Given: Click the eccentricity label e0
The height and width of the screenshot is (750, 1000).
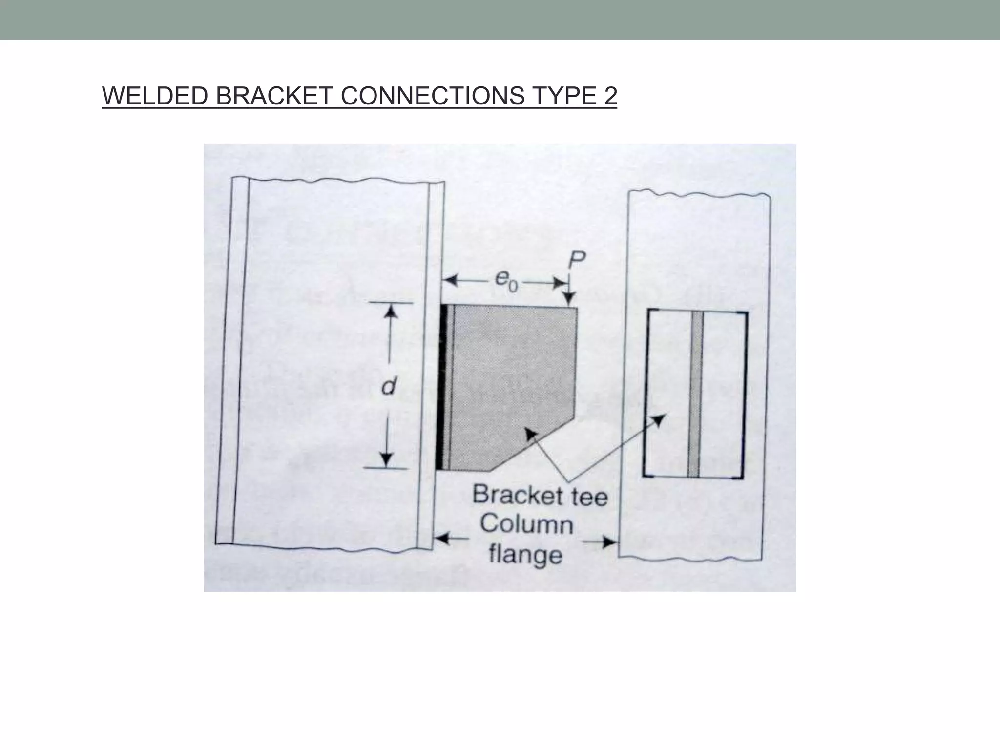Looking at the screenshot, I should click(506, 281).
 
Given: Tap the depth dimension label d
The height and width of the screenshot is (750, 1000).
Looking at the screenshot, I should click(389, 386).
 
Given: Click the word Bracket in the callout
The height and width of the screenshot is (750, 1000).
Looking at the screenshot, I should click(511, 495).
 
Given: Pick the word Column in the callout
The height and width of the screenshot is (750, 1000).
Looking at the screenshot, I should click(526, 524).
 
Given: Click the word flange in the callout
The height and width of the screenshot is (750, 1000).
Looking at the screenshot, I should click(525, 555).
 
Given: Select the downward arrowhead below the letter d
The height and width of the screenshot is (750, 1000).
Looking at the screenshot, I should click(386, 459).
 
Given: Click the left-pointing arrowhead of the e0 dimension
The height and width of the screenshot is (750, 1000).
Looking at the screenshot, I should click(450, 281).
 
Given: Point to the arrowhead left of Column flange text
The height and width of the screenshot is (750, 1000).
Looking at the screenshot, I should click(442, 539).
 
